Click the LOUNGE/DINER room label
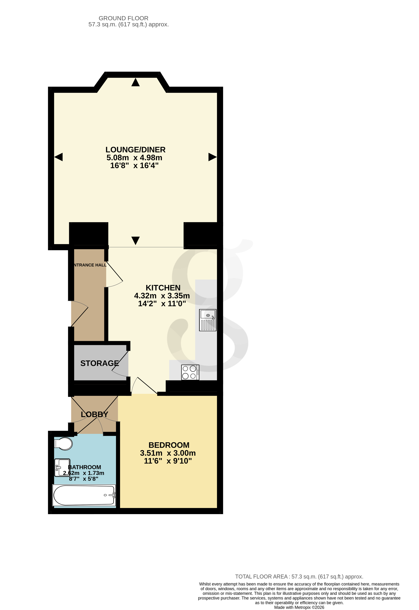135,150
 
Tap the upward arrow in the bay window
135,82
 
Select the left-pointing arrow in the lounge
58,157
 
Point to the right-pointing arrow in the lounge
212,157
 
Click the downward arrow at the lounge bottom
135,240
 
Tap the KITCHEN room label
163,288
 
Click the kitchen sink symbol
208,320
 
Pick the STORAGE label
100,363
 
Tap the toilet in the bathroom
64,444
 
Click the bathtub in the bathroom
84,495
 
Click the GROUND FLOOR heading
123,18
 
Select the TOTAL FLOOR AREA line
299,576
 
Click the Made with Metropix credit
299,607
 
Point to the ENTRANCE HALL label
90,265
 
